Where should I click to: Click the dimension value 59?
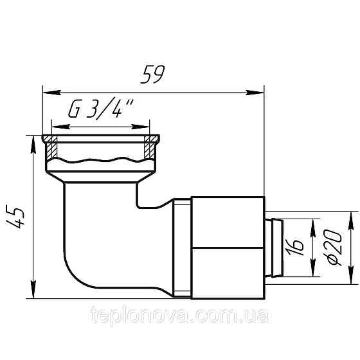click(x=153, y=76)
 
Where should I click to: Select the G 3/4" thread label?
click(x=99, y=112)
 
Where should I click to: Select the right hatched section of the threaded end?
click(x=150, y=150)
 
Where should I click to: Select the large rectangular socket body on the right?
click(x=228, y=247)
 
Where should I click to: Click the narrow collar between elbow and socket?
click(x=181, y=247)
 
